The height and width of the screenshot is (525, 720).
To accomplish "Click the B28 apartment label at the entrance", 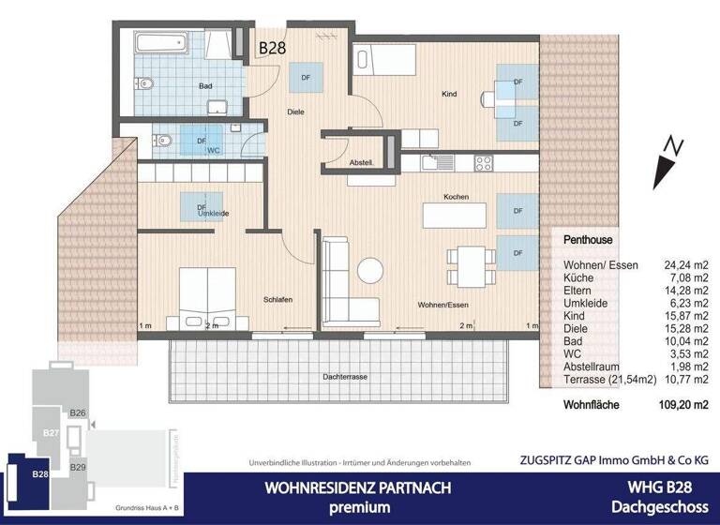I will (x=273, y=43).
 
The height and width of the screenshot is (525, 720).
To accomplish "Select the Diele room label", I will (x=296, y=112).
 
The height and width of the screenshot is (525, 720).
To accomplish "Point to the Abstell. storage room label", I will (x=362, y=162).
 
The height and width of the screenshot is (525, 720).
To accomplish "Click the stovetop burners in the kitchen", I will (x=484, y=162).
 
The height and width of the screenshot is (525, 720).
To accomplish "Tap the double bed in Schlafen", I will (x=207, y=295).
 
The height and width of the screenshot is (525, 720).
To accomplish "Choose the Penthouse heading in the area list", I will (x=588, y=241).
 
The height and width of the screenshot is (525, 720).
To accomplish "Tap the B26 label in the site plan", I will (x=79, y=412).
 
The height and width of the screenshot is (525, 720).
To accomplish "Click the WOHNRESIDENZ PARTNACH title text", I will (x=357, y=487).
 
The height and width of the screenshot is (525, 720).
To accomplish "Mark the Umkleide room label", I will (x=214, y=214).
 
